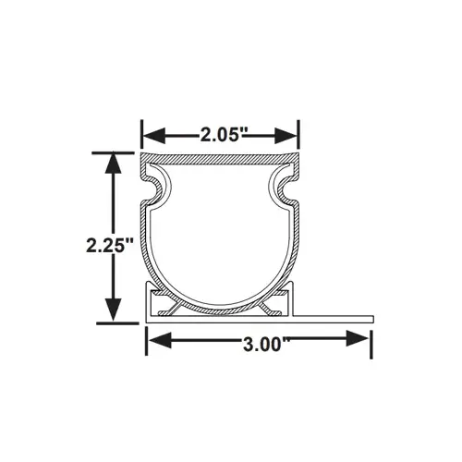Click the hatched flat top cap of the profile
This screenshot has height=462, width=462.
[x=221, y=156]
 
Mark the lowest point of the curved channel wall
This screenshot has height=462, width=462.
[x=221, y=309]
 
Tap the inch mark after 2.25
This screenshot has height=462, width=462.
[x=133, y=241]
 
